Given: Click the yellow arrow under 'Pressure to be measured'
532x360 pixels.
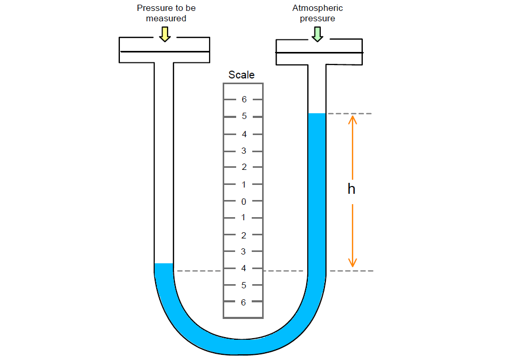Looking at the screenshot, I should [x=165, y=34].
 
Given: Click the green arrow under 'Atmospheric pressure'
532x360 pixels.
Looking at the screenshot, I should [x=317, y=34].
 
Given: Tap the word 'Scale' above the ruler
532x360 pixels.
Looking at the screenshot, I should [x=242, y=75].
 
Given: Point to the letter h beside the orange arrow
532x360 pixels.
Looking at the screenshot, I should [x=351, y=189].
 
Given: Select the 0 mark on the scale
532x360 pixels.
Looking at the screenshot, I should [x=243, y=202].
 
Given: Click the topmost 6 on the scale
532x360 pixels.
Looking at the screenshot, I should [x=244, y=99].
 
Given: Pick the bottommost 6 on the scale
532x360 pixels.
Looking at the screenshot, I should [x=243, y=302].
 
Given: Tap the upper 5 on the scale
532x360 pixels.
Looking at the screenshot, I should [x=244, y=116].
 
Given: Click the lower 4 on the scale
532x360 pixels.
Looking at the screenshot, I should [x=243, y=269].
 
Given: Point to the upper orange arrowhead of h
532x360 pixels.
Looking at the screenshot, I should [x=352, y=119].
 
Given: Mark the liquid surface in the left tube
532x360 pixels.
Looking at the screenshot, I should [x=163, y=264].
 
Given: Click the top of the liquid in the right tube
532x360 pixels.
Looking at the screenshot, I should [x=317, y=114].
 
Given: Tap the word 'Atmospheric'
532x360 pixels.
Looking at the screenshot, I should [x=318, y=8].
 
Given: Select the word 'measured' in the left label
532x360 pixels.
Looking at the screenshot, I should [x=166, y=18].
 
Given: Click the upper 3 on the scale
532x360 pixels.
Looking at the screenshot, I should [x=243, y=151].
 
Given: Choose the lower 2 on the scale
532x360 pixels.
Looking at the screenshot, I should [x=243, y=235].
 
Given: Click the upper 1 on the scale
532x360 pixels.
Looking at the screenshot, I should [x=243, y=184].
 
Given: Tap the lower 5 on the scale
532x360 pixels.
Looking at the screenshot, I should [x=243, y=285].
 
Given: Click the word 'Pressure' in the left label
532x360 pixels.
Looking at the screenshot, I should [x=155, y=8].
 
